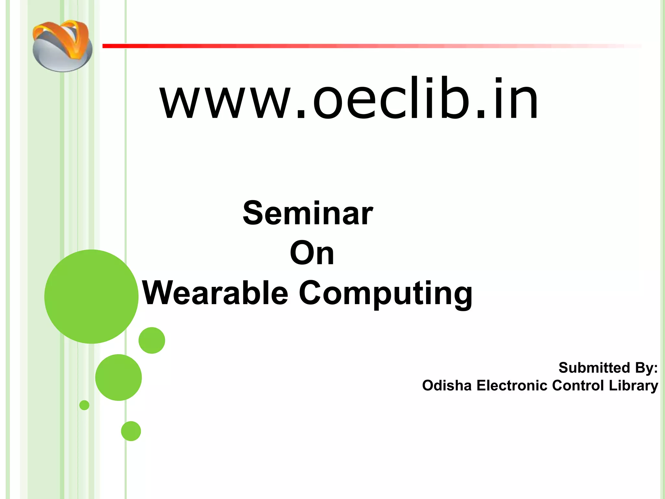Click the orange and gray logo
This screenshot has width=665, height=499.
coord(62,45)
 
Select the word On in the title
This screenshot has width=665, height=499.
coord(312,253)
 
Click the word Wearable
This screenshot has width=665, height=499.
coord(215,293)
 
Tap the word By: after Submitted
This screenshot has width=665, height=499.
coord(646,368)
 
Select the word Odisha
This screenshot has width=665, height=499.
coord(447,386)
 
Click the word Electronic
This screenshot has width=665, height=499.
coord(512,386)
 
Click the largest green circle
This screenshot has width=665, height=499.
coord(91,296)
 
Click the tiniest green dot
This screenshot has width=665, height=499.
coord(84,405)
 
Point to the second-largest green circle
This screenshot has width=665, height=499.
coord(119,377)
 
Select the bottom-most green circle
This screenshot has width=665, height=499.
coord(131,431)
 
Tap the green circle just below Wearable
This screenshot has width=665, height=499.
coord(152,340)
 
